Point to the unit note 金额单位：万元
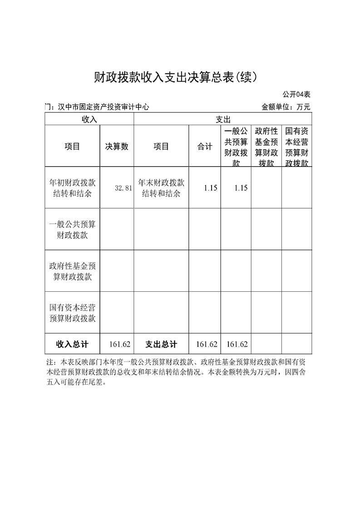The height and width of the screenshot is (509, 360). point(286,107)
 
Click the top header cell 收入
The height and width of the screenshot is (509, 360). point(89,119)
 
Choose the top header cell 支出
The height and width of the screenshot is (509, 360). point(222,119)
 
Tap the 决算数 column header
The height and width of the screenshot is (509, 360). point(117,147)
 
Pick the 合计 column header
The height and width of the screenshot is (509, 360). point(205,147)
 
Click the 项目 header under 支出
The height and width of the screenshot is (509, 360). point(161,147)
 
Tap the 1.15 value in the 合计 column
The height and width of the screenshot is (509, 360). point(210,188)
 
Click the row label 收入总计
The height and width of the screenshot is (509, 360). point(72,344)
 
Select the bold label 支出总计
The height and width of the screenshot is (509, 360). point(161,344)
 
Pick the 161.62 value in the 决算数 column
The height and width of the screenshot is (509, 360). point(120,344)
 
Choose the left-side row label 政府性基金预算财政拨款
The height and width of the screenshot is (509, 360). point(72,271)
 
